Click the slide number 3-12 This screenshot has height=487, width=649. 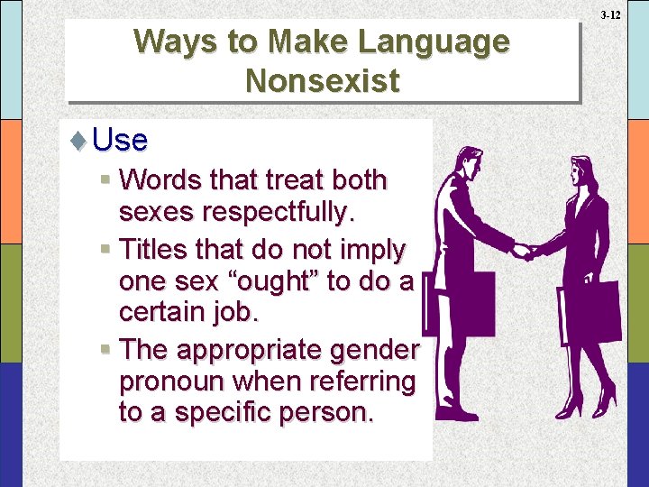[x=610, y=15]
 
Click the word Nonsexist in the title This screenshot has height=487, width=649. [x=322, y=81]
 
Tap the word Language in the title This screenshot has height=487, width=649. [x=433, y=41]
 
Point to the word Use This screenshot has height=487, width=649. [x=120, y=140]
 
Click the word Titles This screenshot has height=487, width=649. [x=151, y=247]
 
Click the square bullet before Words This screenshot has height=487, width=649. [x=106, y=180]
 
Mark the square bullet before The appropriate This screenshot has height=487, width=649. [x=106, y=349]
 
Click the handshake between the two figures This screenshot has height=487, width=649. [x=523, y=250]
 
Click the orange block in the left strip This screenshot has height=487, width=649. [x=11, y=181]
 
